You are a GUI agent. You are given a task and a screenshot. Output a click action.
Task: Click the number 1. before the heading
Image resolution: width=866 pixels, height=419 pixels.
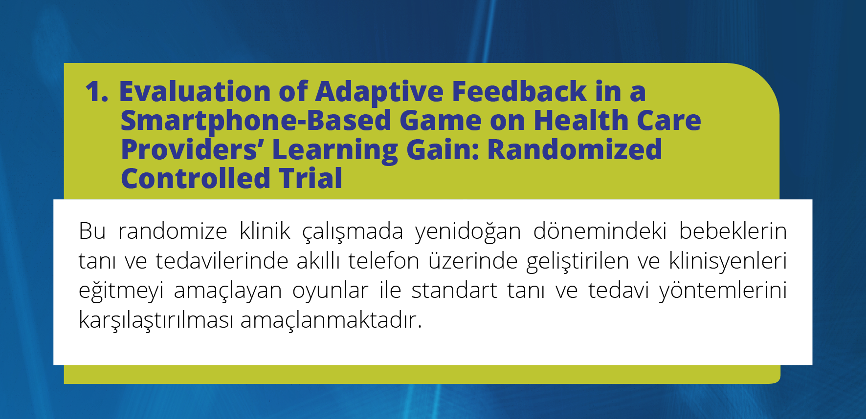(x=97, y=91)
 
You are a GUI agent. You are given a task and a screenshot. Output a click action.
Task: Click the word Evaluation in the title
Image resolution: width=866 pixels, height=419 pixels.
(x=195, y=91)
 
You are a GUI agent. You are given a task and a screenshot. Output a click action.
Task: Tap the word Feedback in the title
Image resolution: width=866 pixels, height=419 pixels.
(x=519, y=91)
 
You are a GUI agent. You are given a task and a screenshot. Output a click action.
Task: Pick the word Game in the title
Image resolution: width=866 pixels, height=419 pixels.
(x=441, y=121)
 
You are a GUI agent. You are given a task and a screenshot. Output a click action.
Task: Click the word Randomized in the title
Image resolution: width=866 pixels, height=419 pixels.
(x=575, y=149)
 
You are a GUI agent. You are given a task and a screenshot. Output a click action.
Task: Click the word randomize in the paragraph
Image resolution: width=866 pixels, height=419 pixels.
(x=173, y=231)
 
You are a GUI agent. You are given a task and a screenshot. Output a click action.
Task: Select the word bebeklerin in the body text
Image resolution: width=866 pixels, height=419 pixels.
(x=733, y=231)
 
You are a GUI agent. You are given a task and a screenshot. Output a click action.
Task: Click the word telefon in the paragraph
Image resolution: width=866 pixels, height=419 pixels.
(x=384, y=261)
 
